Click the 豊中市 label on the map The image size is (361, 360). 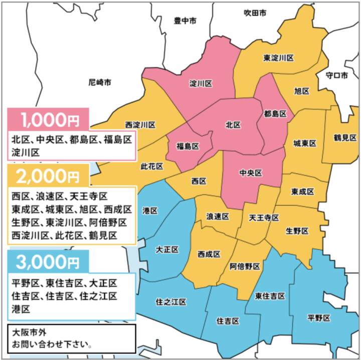[x=185, y=21]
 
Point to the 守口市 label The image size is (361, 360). [x=337, y=75]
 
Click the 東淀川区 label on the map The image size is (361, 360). [x=278, y=58]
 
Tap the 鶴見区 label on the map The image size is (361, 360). [x=344, y=137]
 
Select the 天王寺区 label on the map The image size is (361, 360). [x=264, y=217]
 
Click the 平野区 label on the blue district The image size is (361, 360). [x=319, y=317]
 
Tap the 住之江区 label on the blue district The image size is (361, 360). [x=171, y=302]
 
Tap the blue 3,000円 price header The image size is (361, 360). [x=48, y=261]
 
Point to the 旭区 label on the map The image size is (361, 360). [x=301, y=91]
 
